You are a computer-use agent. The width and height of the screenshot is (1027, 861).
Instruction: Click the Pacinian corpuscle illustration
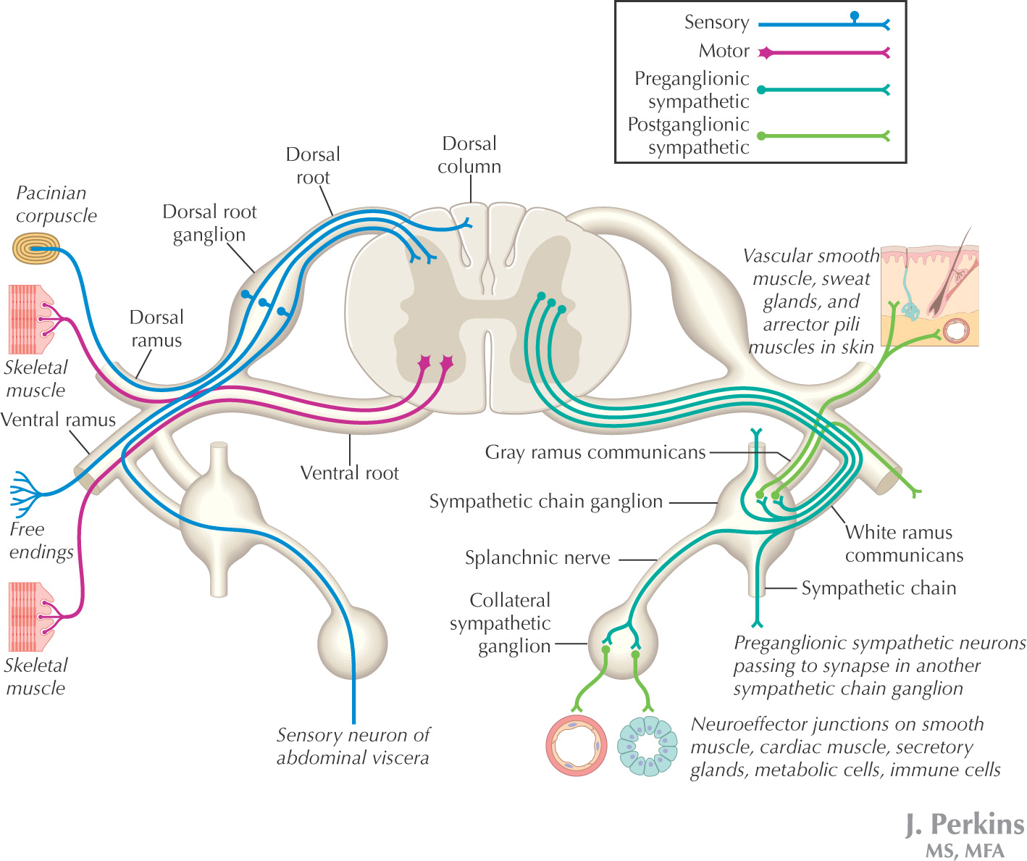tap(35, 249)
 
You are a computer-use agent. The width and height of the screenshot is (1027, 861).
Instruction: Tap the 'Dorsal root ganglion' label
tap(209, 223)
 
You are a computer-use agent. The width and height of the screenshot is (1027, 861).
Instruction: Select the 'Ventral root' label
tap(349, 473)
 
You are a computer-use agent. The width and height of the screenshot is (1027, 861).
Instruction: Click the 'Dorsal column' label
tap(469, 155)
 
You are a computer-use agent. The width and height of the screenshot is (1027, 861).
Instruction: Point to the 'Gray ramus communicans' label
tap(595, 453)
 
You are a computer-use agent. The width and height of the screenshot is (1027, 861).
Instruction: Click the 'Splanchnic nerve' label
tap(537, 558)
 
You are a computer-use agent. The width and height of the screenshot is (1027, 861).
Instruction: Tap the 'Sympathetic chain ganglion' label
tap(545, 502)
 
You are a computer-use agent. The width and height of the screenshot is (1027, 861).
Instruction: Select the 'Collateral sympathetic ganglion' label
tap(500, 623)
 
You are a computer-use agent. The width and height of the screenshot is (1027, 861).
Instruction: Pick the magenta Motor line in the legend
tap(823, 52)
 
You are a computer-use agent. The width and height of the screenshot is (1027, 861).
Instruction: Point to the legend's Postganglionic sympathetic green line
tap(823, 136)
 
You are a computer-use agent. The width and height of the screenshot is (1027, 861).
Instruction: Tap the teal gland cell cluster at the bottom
tap(647, 746)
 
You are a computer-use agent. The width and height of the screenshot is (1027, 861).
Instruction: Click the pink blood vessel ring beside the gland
tap(576, 746)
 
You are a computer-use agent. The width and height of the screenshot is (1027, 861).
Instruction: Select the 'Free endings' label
tap(41, 541)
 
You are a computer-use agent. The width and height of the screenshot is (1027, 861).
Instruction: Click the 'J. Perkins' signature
tap(965, 825)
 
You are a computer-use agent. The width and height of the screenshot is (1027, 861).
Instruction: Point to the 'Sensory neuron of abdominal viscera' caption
tap(353, 746)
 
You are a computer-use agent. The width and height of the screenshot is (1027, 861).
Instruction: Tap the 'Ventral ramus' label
tap(58, 420)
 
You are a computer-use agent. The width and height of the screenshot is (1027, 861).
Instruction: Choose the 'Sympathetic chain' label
tap(878, 588)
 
